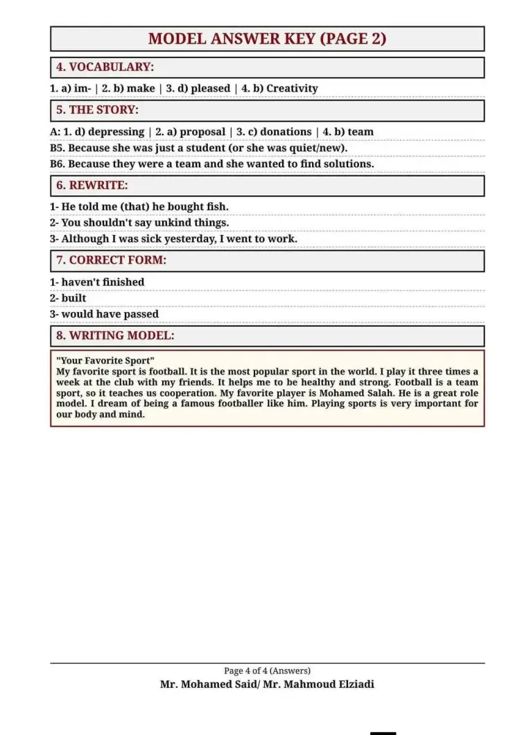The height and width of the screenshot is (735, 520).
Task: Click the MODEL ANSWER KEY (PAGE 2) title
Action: click(x=267, y=39)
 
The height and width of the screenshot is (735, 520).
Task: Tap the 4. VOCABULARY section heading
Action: click(x=105, y=67)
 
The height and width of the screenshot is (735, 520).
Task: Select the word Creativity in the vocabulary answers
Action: click(x=292, y=89)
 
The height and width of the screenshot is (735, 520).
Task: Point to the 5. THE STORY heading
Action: click(x=97, y=110)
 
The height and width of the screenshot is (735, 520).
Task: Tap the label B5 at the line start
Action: click(x=58, y=148)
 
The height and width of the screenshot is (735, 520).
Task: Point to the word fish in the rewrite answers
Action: click(x=216, y=207)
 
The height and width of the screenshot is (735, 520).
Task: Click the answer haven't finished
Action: click(x=103, y=282)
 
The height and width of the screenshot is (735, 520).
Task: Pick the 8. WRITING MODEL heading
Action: click(x=115, y=336)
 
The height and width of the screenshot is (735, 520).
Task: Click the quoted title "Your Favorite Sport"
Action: click(x=105, y=361)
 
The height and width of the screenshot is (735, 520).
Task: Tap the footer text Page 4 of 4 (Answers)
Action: click(x=267, y=671)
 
